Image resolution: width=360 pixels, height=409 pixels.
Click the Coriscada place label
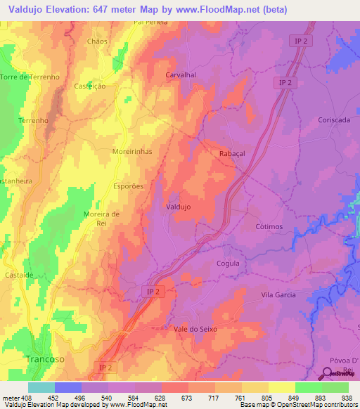[x=333, y=120]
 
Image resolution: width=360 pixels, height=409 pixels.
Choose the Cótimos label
[x=268, y=227]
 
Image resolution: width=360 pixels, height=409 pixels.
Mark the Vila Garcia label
[x=278, y=294]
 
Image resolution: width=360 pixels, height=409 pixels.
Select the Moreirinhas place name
[x=132, y=151]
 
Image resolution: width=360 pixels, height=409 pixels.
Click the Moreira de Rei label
[x=102, y=219]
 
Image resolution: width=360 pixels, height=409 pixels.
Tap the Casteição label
[x=90, y=86]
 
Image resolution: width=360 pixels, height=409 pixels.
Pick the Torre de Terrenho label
[x=30, y=77]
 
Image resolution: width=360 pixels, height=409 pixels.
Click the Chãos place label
[x=98, y=41]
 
